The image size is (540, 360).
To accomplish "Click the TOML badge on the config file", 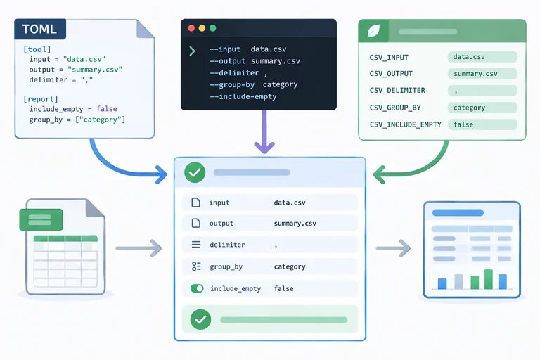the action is (40, 29).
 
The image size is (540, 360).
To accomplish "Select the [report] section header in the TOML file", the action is (41, 99).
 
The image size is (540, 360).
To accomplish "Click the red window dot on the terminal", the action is (191, 28).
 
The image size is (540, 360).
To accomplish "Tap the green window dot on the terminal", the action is (213, 28).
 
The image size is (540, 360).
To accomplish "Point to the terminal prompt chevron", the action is (192, 51).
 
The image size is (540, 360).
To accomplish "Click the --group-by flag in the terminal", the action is (232, 85).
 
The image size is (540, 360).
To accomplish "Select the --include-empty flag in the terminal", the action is (243, 96).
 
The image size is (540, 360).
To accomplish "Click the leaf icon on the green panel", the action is (373, 31).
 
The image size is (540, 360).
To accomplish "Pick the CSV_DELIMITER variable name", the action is (397, 90).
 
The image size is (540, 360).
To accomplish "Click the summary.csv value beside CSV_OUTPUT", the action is (475, 74).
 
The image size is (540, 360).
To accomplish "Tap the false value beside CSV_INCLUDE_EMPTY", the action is (463, 124).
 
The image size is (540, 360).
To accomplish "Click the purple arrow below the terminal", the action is (264, 131).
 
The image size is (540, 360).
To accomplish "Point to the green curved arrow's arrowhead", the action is (379, 174).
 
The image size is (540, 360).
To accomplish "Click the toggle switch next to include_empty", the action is (197, 288).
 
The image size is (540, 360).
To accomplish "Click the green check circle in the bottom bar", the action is (200, 319).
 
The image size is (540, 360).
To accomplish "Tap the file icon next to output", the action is (195, 223).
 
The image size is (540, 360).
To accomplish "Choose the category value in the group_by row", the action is (290, 266).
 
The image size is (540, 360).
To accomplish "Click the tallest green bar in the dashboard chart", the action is (489, 279).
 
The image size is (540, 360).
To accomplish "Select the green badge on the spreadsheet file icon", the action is (41, 219).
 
